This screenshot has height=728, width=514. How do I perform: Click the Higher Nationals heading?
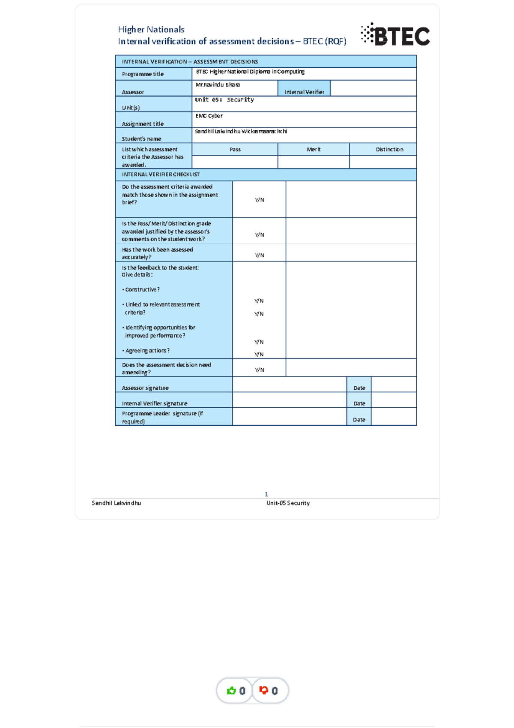[x=151, y=30]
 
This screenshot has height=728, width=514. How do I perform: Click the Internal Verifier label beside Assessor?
[x=304, y=92]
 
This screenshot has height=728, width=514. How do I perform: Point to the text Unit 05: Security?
[x=224, y=99]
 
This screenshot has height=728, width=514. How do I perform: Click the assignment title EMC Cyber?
[x=209, y=116]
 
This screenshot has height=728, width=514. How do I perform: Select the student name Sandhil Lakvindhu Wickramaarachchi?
[x=241, y=131]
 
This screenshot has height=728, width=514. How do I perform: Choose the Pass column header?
[x=235, y=149]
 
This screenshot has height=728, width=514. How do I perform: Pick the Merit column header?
[x=314, y=149]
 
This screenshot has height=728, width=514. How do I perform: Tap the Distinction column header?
[x=389, y=149]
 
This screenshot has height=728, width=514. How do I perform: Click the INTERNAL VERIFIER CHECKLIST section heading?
[x=161, y=174]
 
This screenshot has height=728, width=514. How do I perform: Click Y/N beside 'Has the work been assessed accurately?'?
[x=260, y=255]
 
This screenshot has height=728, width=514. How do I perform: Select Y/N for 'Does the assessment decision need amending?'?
[x=260, y=370]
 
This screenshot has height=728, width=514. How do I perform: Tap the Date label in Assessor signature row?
[x=359, y=388]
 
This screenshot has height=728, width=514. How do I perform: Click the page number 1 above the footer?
[x=266, y=494]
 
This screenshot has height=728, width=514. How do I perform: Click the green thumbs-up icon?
[x=232, y=690]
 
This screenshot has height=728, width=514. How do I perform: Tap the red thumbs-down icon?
[x=264, y=690]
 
